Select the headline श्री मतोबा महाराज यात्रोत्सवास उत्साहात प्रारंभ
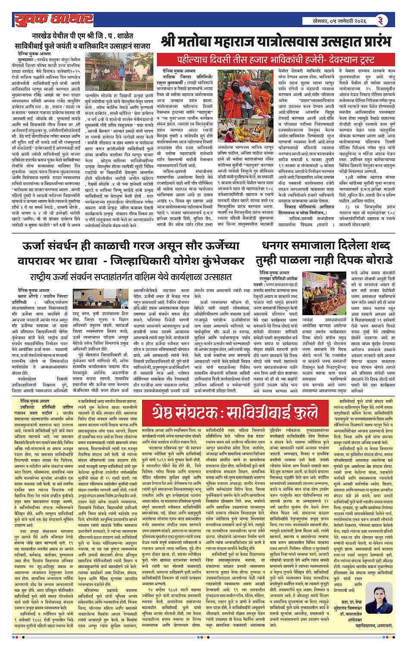276,42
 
